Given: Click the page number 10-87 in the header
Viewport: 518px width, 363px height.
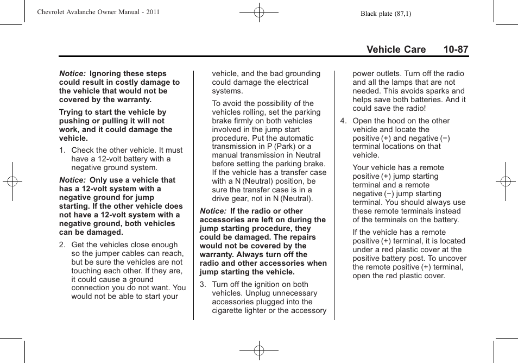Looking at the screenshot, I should (x=455, y=49).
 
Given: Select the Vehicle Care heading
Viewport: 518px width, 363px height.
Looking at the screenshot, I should (x=396, y=49).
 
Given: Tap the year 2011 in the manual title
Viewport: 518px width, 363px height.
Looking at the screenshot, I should (x=152, y=11).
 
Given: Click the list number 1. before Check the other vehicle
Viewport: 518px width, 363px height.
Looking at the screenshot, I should (x=62, y=150).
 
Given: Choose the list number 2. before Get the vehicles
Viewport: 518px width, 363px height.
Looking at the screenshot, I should (x=62, y=245).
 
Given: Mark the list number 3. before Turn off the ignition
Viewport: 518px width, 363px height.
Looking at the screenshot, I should (x=203, y=284).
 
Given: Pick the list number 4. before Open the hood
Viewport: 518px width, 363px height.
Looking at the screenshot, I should (x=344, y=121).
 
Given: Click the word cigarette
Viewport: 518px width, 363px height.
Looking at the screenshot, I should (x=229, y=310).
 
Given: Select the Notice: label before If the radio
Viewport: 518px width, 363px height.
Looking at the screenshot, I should (x=213, y=211).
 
